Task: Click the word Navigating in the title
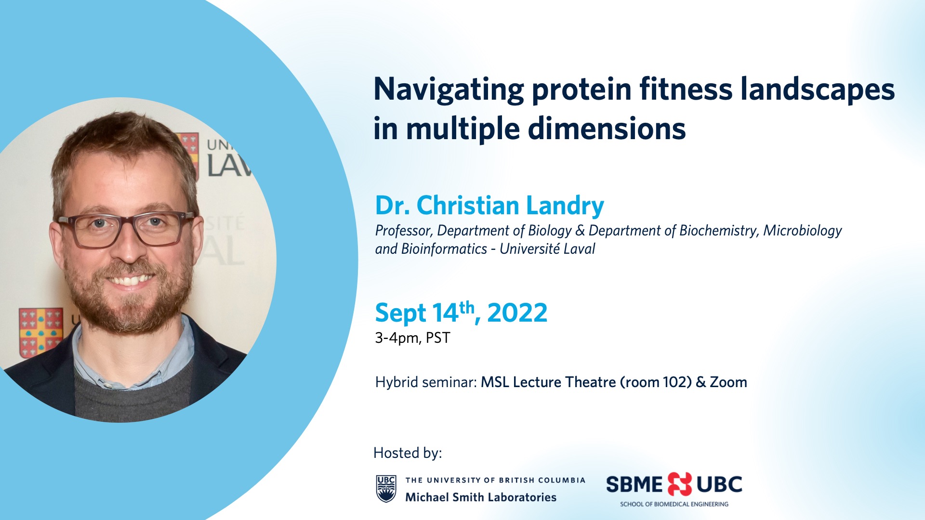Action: (449, 90)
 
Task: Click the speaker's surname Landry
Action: (565, 206)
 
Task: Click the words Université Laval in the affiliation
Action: (547, 249)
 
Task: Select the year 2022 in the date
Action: (517, 313)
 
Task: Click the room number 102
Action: (674, 382)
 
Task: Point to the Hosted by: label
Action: (408, 453)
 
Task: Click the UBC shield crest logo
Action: (386, 489)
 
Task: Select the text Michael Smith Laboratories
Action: (481, 497)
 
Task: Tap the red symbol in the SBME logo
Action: (679, 484)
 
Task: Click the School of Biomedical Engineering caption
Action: (674, 504)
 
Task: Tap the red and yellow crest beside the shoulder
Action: (40, 332)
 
